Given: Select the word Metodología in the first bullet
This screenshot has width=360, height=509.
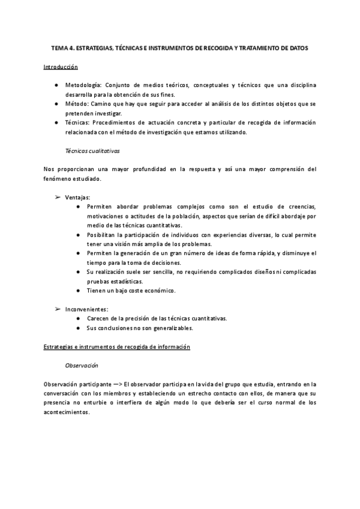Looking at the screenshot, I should click(83, 85).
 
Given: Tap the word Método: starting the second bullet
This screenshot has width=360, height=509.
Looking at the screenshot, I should click(78, 104).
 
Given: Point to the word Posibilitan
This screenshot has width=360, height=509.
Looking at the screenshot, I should click(104, 235).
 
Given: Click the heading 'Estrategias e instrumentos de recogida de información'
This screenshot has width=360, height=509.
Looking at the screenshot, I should click(117, 346).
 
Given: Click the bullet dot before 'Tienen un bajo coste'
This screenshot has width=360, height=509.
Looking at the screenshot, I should click(80, 291).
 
